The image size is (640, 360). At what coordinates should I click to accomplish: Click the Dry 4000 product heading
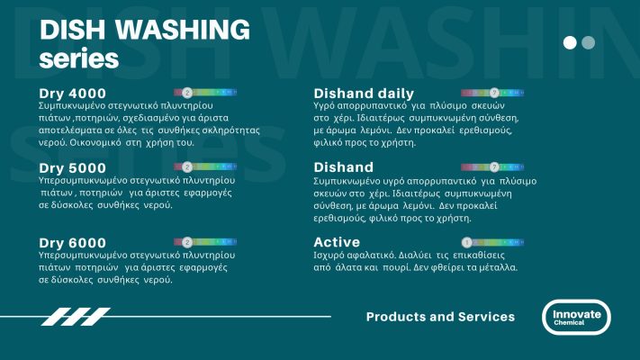pos(72,94)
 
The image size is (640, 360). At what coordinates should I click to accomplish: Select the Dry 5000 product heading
pos(72,167)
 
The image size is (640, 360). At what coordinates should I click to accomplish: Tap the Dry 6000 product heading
pos(72,242)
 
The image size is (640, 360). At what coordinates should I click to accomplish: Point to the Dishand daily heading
pos(364,94)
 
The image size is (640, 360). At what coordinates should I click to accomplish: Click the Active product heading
pos(337,242)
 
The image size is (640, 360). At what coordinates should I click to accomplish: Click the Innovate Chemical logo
pos(576,318)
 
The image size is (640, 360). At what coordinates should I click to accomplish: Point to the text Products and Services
pos(440,317)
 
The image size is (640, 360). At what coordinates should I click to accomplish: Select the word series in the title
pos(79,58)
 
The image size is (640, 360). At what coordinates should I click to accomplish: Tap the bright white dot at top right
pos(570,42)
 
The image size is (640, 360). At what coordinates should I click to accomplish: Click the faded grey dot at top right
pos(589,42)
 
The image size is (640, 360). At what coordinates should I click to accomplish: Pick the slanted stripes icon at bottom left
pos(77,317)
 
